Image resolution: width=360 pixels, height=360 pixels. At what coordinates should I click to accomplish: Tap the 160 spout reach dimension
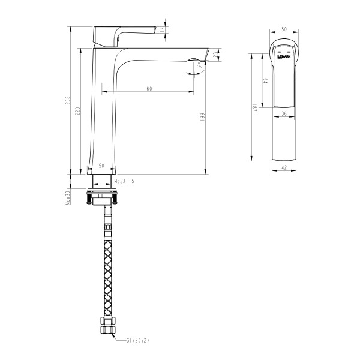pos(148,89)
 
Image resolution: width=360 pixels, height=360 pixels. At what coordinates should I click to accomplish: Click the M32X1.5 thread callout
pos(123,180)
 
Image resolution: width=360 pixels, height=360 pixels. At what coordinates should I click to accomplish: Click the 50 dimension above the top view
pos(284,28)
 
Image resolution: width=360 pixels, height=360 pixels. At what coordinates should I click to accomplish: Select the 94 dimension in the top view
pos(265,80)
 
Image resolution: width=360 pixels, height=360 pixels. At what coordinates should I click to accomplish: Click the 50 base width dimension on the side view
pos(101,165)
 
